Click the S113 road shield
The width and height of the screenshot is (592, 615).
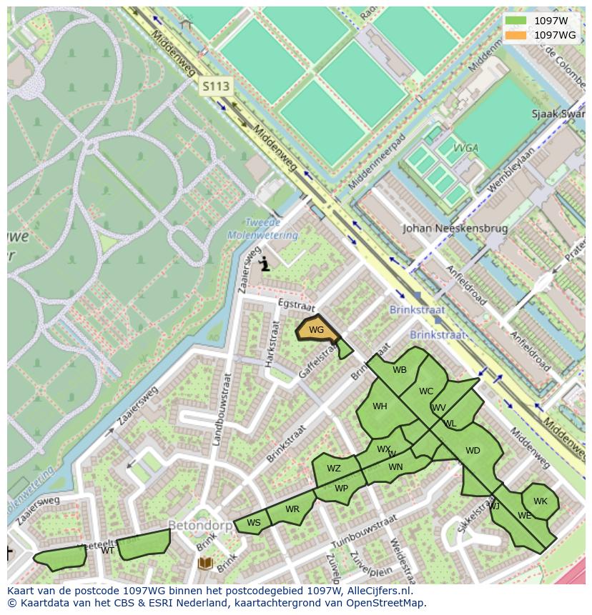click(x=215, y=87)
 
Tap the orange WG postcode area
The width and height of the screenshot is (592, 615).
click(x=316, y=329)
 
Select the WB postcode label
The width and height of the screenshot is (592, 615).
click(x=400, y=370)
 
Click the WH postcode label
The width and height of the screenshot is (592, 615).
click(x=380, y=406)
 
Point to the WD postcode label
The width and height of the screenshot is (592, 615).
click(x=473, y=451)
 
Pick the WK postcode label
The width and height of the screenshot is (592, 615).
click(x=541, y=501)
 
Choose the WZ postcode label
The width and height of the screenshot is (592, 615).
click(x=334, y=469)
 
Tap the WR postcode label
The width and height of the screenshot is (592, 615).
click(x=292, y=509)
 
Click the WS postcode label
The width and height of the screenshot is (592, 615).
click(x=254, y=523)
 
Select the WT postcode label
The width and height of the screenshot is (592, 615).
click(x=107, y=550)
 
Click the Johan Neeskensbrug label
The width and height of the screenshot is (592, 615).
click(x=455, y=229)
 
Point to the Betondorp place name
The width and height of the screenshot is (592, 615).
click(x=199, y=526)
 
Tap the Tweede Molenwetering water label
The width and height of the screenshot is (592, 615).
click(x=262, y=229)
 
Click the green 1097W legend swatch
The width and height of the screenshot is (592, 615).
click(x=515, y=21)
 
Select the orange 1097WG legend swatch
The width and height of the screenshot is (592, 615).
click(x=515, y=35)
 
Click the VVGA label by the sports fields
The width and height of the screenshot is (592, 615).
click(x=465, y=149)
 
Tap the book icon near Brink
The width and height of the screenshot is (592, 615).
click(x=205, y=564)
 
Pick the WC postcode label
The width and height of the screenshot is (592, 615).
click(x=426, y=391)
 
